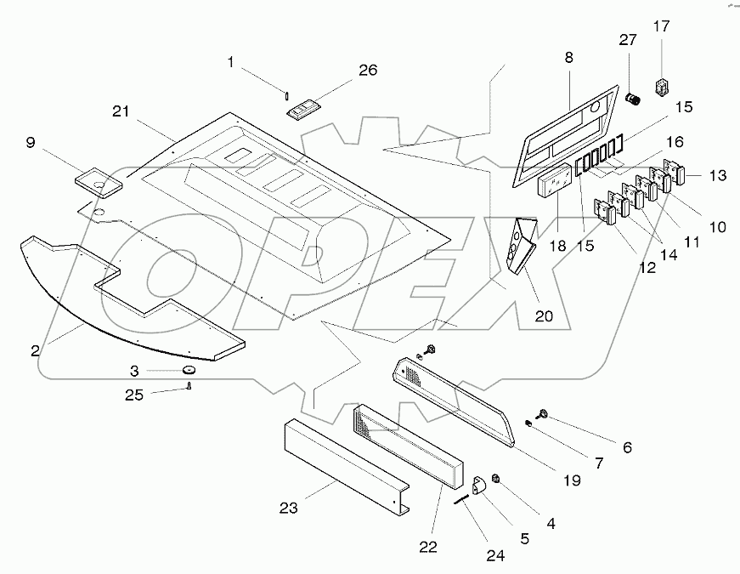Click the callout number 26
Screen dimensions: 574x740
click(368, 71)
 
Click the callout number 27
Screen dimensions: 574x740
click(627, 39)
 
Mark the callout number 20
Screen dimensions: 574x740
click(544, 315)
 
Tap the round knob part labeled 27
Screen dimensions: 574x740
click(632, 99)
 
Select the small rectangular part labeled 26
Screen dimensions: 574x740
click(304, 111)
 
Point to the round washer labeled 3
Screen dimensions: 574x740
click(188, 371)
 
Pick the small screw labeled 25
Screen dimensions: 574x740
click(188, 389)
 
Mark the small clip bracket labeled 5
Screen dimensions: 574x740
click(479, 486)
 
